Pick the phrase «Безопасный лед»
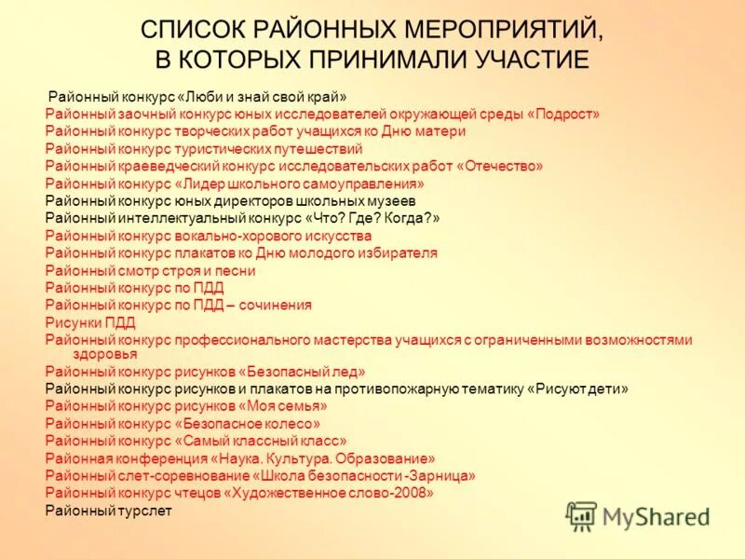(304, 371)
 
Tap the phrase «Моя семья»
(284, 406)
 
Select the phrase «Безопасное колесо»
(247, 423)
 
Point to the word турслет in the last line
(144, 511)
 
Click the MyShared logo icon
(581, 515)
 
